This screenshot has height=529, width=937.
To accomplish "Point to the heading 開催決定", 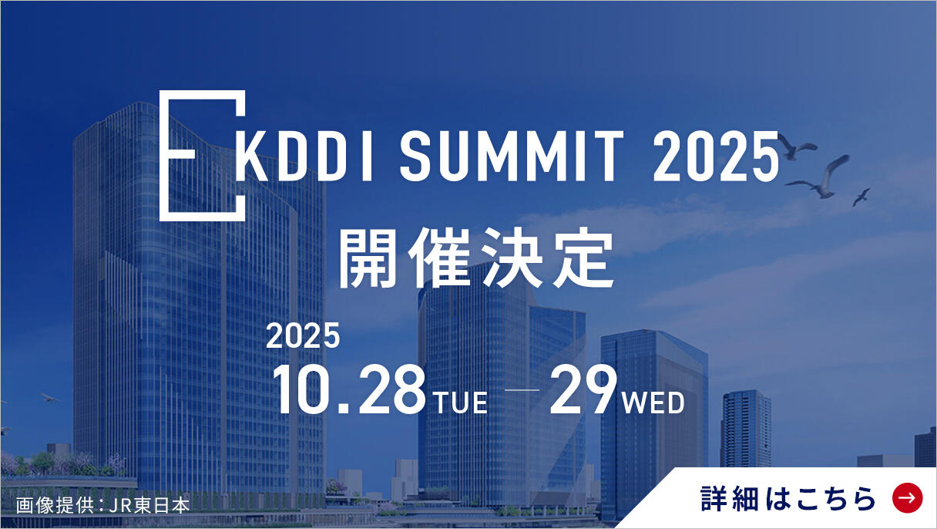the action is pyautogui.click(x=476, y=258).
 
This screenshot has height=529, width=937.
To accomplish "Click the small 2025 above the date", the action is pyautogui.click(x=303, y=335).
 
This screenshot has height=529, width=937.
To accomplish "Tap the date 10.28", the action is pyautogui.click(x=349, y=389).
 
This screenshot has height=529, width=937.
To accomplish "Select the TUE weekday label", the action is pyautogui.click(x=461, y=403).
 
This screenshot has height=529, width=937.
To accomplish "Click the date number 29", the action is pyautogui.click(x=583, y=389).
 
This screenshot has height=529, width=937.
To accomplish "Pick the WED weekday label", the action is pyautogui.click(x=653, y=403).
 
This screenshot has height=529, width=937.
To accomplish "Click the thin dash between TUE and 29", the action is pyautogui.click(x=522, y=389).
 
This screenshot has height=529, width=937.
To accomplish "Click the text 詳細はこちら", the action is pyautogui.click(x=788, y=498).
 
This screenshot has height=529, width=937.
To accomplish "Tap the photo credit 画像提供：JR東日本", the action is pyautogui.click(x=103, y=505).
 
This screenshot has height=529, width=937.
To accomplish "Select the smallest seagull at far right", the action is pyautogui.click(x=861, y=197).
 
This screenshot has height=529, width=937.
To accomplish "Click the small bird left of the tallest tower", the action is pyautogui.click(x=50, y=398).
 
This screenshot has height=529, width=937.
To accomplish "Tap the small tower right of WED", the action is pyautogui.click(x=746, y=429).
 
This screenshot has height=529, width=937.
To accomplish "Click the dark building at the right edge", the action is pyautogui.click(x=925, y=447).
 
